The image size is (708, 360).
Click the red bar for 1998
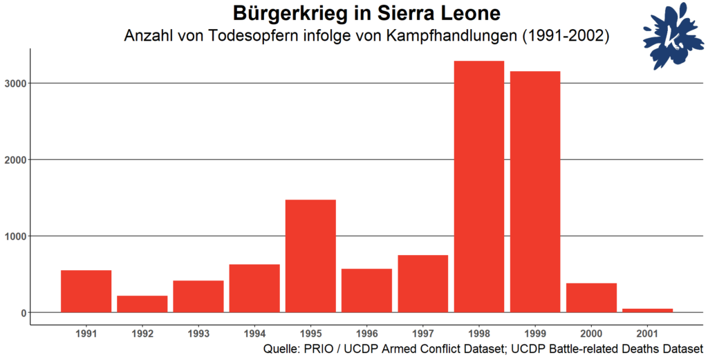tap(478, 187)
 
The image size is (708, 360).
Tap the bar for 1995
tap(310, 256)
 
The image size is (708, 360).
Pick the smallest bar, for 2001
tap(647, 310)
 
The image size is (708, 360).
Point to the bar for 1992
tap(142, 304)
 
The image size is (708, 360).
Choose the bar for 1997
tap(422, 283)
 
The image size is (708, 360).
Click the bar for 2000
tap(591, 298)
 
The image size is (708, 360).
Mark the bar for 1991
tap(86, 291)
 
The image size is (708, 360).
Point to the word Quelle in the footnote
tap(281, 349)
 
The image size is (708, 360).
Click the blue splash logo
tap(668, 40)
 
